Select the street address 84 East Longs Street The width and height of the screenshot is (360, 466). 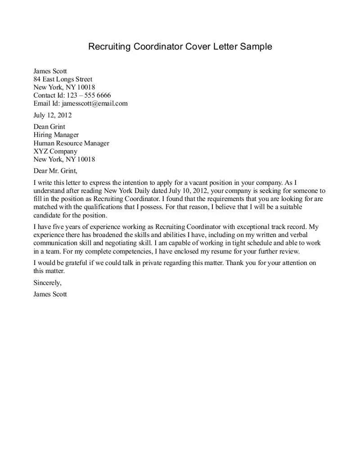(x=63, y=79)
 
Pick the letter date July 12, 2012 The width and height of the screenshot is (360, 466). (x=52, y=115)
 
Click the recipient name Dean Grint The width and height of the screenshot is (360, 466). (x=49, y=127)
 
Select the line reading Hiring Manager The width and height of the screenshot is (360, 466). (x=56, y=135)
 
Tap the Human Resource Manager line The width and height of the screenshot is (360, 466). (x=71, y=143)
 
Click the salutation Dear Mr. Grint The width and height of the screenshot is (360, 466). (x=55, y=171)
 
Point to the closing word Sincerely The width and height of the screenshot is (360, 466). (x=47, y=283)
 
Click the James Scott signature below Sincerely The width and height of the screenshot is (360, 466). (x=50, y=295)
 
